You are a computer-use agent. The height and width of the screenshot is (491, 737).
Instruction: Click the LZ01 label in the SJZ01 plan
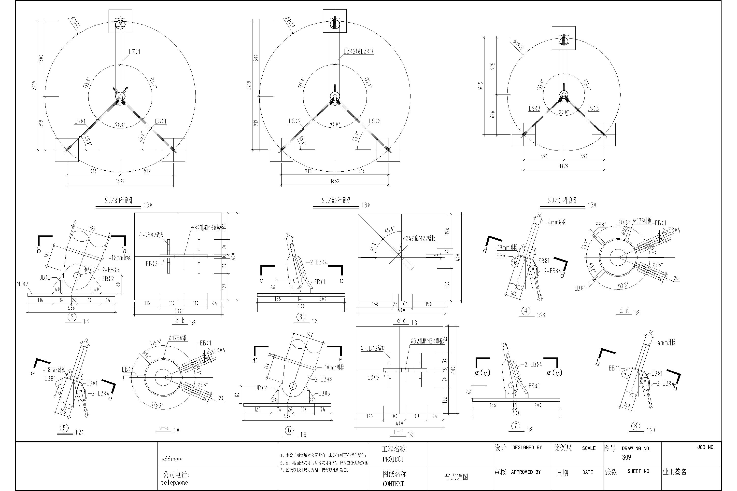[x=134, y=52]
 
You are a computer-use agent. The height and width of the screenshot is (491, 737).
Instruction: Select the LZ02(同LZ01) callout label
[x=358, y=52]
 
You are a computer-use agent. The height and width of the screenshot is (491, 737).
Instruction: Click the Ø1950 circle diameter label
[x=518, y=45]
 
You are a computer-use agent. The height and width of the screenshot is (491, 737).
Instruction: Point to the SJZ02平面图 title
[x=336, y=200]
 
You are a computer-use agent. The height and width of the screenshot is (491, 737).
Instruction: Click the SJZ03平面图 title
[x=562, y=200]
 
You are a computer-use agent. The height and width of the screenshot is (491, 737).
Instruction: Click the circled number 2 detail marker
[x=72, y=317]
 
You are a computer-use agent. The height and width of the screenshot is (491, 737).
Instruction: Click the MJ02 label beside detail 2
[x=22, y=284]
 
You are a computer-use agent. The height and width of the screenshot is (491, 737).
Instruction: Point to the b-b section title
[x=180, y=320]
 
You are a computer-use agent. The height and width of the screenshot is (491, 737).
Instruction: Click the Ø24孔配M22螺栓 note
[x=419, y=239]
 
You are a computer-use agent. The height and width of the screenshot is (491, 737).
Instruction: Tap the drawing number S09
[x=626, y=458]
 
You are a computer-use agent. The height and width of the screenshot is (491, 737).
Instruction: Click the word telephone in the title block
[x=174, y=483]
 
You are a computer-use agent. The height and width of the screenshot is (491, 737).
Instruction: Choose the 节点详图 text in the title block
[x=456, y=477]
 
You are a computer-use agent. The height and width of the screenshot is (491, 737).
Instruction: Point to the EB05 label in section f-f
[x=373, y=377]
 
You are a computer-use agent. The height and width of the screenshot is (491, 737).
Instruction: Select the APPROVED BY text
[x=526, y=472]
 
